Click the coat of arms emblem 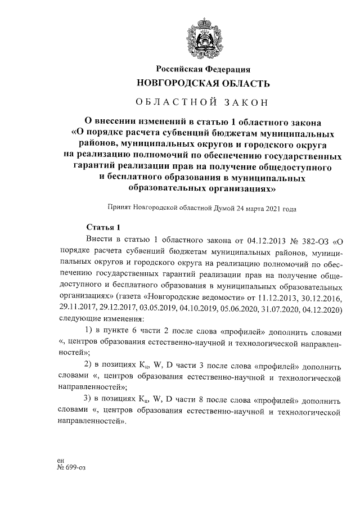coord(203,35)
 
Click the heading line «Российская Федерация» coord(203,69)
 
